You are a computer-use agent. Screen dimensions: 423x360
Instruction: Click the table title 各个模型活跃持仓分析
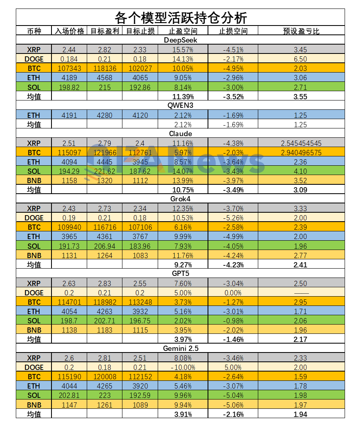point(180,18)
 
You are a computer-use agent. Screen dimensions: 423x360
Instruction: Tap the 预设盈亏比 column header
point(301,31)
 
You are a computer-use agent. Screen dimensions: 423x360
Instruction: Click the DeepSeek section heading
point(180,40)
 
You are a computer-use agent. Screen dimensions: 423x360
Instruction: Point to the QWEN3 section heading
point(180,106)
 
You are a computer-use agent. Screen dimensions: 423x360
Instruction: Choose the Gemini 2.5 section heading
point(180,348)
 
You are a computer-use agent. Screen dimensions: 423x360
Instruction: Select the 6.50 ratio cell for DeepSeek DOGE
point(301,59)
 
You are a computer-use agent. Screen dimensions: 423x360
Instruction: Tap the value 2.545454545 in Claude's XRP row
point(301,143)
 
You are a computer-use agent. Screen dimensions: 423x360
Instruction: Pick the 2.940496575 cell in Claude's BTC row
point(301,152)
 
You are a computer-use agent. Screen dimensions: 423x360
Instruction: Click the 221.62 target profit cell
point(104,171)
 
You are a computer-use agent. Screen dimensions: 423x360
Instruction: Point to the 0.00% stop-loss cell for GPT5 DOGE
point(233,293)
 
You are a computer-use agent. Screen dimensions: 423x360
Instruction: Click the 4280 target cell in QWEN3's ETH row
point(104,115)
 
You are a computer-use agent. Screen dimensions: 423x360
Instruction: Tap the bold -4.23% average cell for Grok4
point(233,265)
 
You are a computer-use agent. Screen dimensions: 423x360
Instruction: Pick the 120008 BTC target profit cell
point(104,376)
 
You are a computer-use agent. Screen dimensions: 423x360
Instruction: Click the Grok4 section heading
point(180,199)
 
